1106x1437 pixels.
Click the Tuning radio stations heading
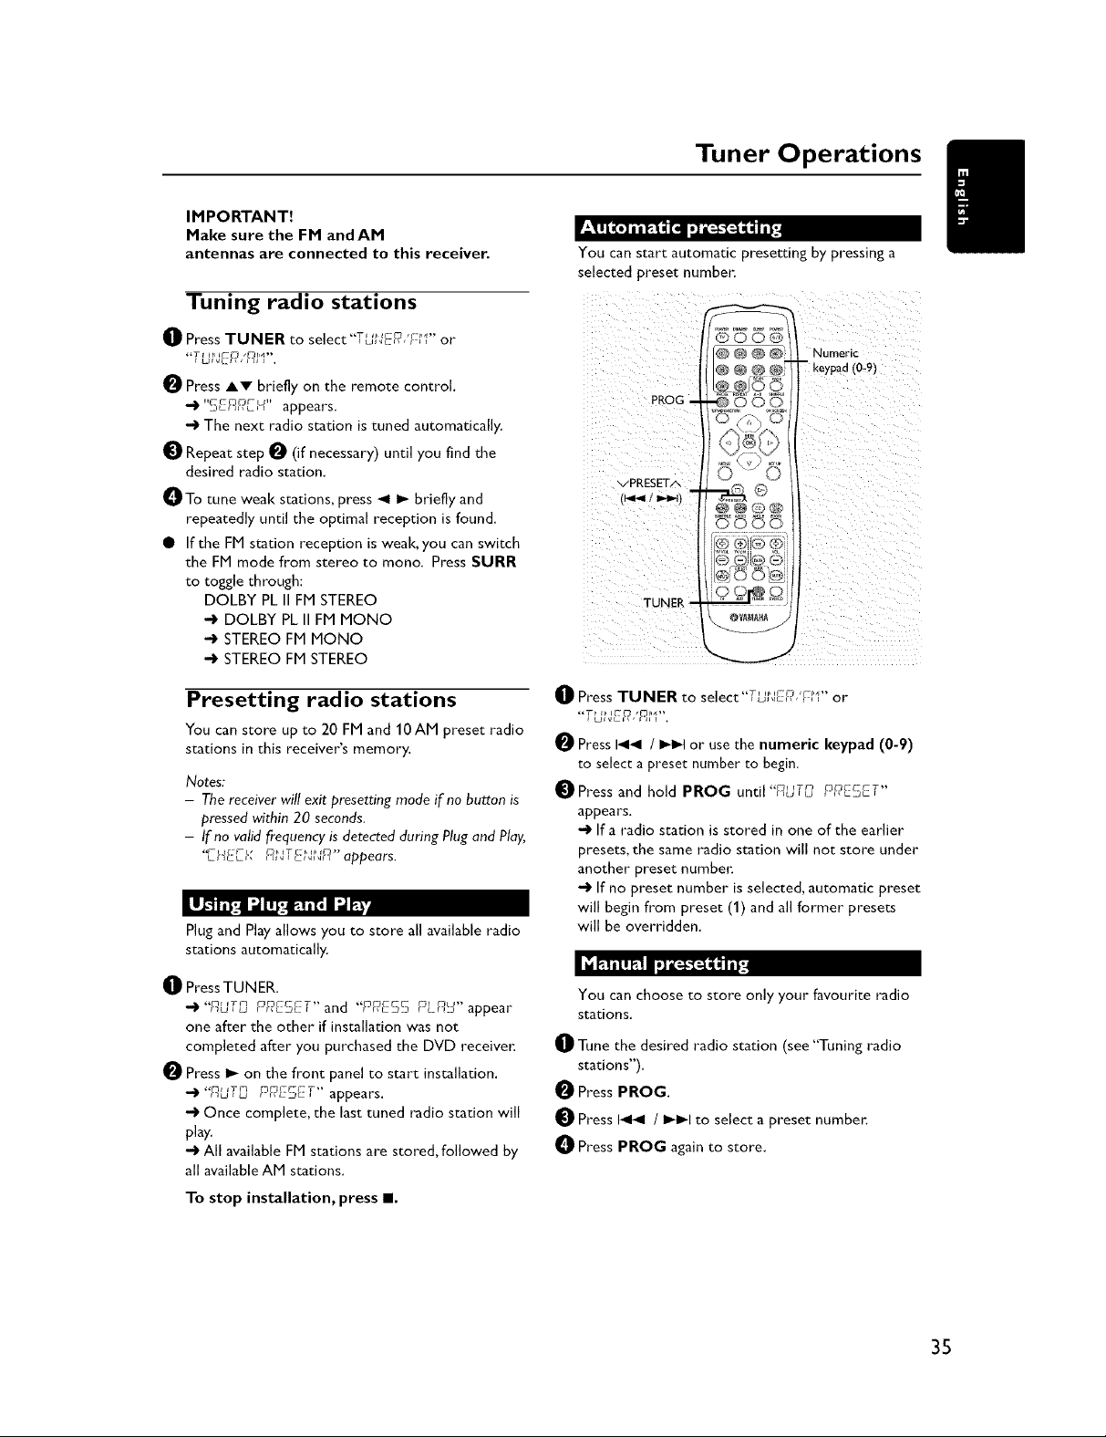point(302,302)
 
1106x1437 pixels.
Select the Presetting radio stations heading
point(321,700)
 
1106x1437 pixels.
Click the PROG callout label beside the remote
point(667,399)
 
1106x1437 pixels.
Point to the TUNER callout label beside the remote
point(663,602)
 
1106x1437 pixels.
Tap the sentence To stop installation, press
point(292,1198)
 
